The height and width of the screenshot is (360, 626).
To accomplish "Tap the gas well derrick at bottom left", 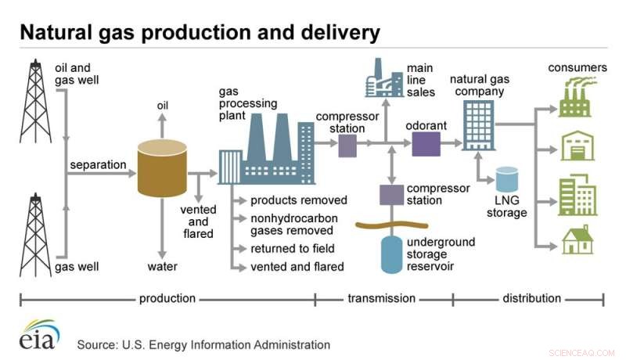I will coord(34,235).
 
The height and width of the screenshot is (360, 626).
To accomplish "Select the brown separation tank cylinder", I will coord(163,168).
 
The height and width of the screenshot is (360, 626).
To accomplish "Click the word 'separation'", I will coord(98,165).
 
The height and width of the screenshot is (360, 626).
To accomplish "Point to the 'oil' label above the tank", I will coord(163,106).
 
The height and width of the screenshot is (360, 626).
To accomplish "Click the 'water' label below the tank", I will coord(163,266).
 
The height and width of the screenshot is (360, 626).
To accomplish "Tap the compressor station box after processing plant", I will coord(347,145).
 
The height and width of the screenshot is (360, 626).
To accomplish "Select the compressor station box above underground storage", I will coord(390,193).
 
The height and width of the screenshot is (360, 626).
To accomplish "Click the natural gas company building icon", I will coord(477,125).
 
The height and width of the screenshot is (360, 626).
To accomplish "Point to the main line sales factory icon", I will coord(384,78).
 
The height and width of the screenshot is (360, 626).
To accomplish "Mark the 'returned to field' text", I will coord(292,249).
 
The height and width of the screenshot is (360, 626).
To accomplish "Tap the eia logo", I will coord(39,334).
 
